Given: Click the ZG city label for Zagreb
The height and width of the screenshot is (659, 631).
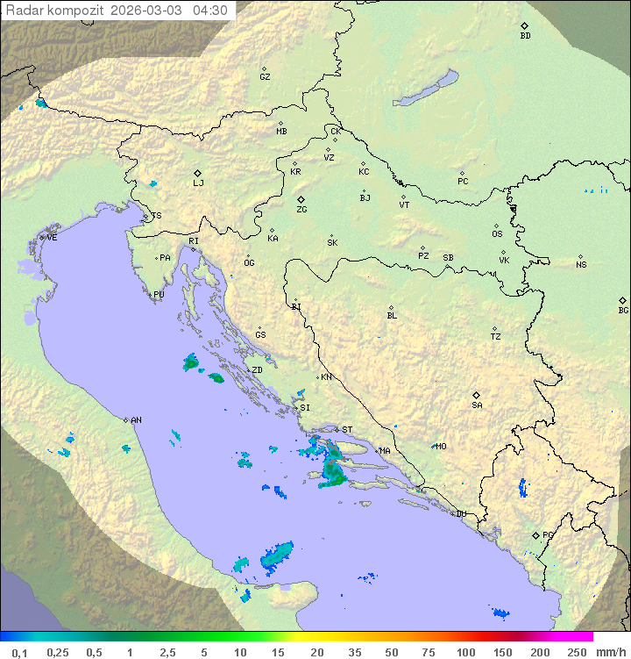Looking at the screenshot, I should [301, 210].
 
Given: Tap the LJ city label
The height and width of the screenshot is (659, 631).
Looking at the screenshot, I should [198, 183].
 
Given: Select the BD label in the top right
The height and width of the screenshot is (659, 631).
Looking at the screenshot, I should [525, 36].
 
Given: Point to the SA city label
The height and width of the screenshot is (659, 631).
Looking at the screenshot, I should [477, 405].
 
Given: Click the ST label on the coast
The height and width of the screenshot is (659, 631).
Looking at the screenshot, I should [347, 430].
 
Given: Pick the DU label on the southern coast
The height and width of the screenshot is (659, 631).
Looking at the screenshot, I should [461, 514].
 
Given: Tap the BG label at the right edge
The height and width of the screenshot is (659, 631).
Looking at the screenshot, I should [623, 311].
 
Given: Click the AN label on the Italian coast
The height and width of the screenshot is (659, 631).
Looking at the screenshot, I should [136, 420].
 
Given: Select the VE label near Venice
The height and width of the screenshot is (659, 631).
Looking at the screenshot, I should [52, 238].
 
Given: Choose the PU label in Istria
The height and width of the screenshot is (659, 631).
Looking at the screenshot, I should [159, 295].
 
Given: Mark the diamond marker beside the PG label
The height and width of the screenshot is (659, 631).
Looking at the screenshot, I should [535, 534].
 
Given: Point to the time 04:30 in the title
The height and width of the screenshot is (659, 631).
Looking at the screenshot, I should [210, 11].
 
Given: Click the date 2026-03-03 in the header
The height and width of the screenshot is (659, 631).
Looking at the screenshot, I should [147, 11].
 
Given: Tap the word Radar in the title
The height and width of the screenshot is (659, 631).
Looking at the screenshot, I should [23, 11].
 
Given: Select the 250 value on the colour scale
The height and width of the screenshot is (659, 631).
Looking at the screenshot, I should [576, 652].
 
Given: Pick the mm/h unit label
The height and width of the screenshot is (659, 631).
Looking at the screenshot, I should [609, 652].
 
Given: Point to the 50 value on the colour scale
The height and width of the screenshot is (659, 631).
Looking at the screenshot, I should [391, 652].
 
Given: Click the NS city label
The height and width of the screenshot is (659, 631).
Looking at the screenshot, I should [581, 264].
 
